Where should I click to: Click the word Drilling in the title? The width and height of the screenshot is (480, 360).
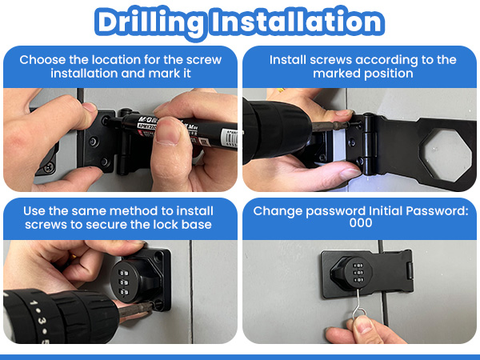pyautogui.click(x=150, y=22)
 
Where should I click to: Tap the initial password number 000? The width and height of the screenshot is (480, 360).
pyautogui.click(x=361, y=222)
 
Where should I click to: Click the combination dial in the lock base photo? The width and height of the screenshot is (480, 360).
pyautogui.click(x=125, y=282)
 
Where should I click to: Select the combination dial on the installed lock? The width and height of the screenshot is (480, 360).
pyautogui.click(x=358, y=273)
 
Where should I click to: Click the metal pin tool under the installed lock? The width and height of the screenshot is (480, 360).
pyautogui.click(x=358, y=308)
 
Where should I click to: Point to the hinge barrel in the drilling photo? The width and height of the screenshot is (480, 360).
pyautogui.click(x=369, y=143)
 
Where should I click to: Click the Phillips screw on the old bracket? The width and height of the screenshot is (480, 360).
pyautogui.click(x=49, y=168)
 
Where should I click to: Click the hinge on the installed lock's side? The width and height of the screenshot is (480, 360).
pyautogui.click(x=410, y=270)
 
